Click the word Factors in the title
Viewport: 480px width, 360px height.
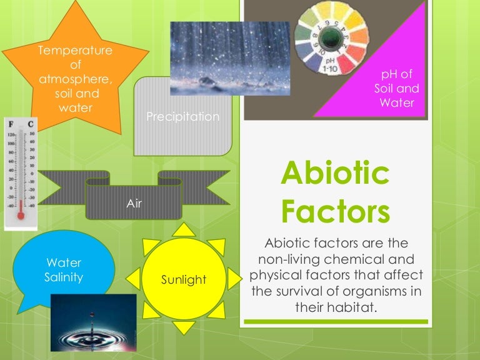tap(335, 211)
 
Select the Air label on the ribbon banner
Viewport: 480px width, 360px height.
tap(134, 203)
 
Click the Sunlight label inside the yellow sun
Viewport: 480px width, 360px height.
tap(184, 279)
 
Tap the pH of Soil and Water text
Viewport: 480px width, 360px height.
tap(397, 89)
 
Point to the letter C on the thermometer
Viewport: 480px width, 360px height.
tap(30, 125)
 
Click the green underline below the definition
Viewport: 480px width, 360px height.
tap(335, 322)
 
